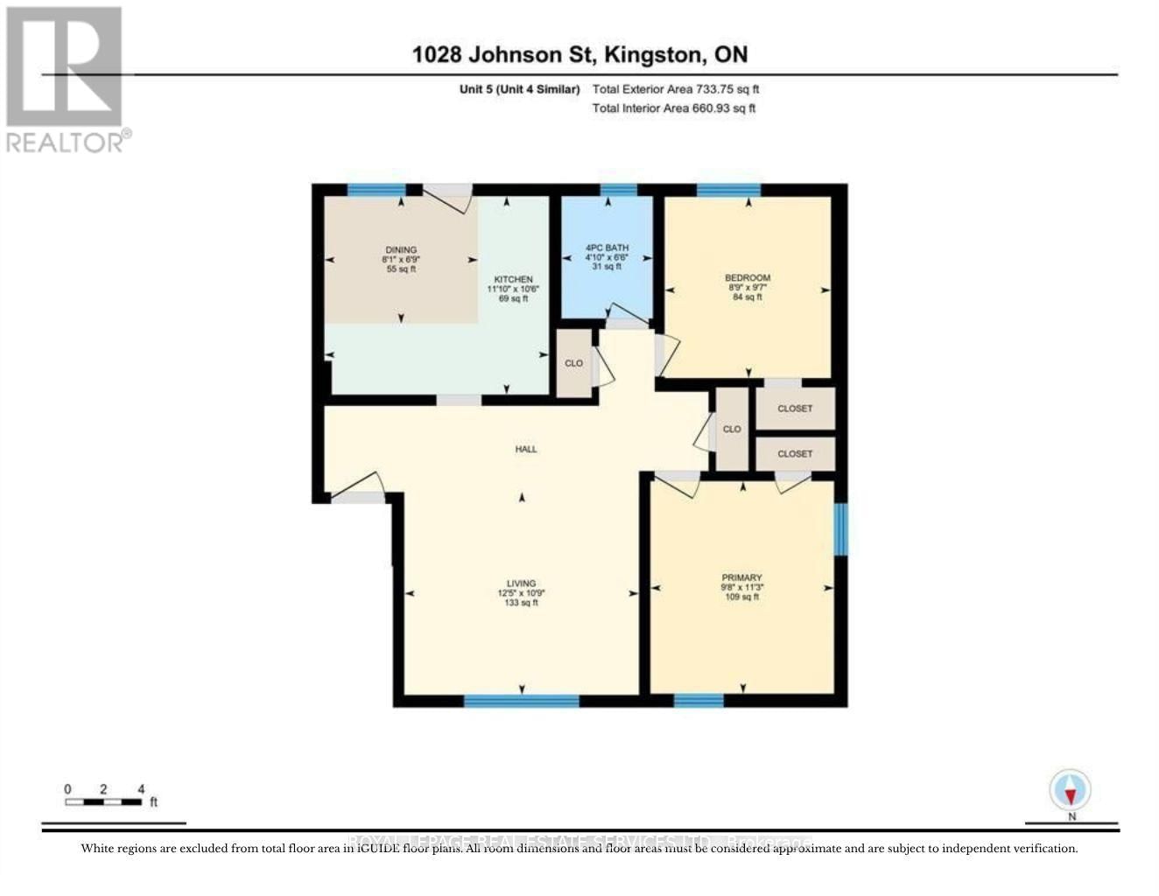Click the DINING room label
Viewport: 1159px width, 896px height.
point(400,250)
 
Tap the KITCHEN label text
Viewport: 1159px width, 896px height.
point(513,280)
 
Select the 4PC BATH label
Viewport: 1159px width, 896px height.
point(607,248)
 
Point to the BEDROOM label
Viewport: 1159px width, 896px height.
point(748,278)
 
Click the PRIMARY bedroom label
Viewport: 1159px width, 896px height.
point(741,577)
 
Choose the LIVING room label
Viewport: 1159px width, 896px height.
point(521,584)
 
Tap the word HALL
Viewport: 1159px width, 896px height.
point(526,449)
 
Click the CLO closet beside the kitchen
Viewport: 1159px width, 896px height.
point(573,363)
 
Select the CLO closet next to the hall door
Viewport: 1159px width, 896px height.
point(732,429)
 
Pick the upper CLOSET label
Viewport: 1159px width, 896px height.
point(795,409)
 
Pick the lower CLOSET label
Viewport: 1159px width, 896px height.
point(795,454)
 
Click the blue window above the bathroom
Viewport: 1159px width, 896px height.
point(619,189)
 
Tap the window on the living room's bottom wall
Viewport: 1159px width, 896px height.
point(522,700)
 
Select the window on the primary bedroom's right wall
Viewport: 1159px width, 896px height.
point(840,528)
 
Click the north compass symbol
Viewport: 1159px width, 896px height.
point(1071,792)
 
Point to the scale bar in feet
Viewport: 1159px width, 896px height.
point(105,801)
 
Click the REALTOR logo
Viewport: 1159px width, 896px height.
point(65,79)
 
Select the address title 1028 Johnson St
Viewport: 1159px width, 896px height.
point(579,54)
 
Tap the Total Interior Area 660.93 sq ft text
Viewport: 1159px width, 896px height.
point(673,108)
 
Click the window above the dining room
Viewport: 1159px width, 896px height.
point(376,189)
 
